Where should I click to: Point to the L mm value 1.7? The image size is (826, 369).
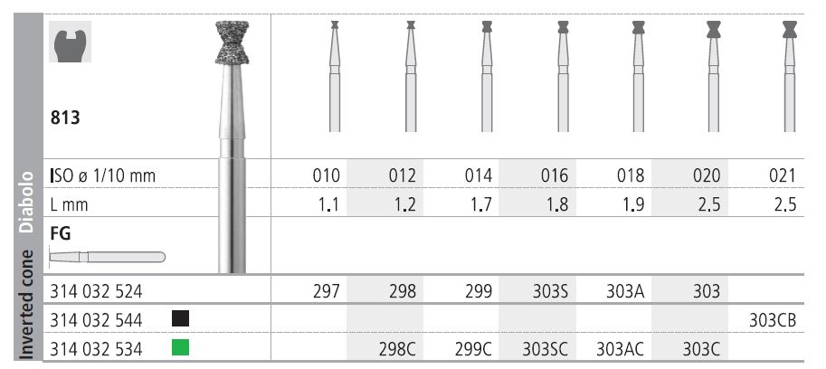click(x=480, y=204)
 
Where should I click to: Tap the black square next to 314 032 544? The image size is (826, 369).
click(x=179, y=318)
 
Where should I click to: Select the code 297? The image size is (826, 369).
click(x=325, y=291)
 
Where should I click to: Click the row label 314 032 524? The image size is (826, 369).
click(x=98, y=291)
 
